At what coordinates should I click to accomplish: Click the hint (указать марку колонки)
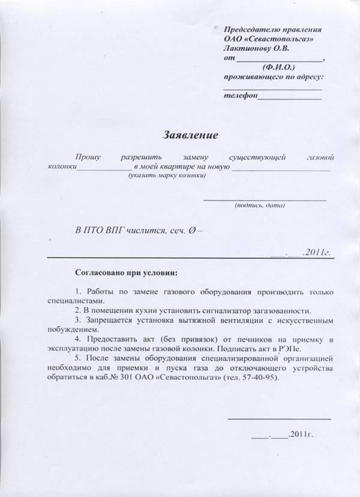[166, 176]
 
